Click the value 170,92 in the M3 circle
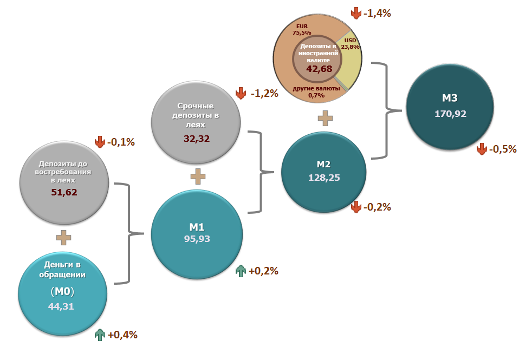[450, 114]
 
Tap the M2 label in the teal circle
[323, 164]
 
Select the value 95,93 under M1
[196, 238]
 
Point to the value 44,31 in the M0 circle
[61, 306]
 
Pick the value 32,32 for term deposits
[197, 138]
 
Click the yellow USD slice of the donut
[351, 60]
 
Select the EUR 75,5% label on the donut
[302, 29]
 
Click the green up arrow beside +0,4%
[100, 335]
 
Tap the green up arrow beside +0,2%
[241, 271]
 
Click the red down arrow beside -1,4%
[356, 13]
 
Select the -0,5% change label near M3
[502, 149]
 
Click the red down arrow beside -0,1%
[100, 142]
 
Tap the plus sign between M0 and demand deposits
[64, 237]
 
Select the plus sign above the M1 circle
[198, 176]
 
